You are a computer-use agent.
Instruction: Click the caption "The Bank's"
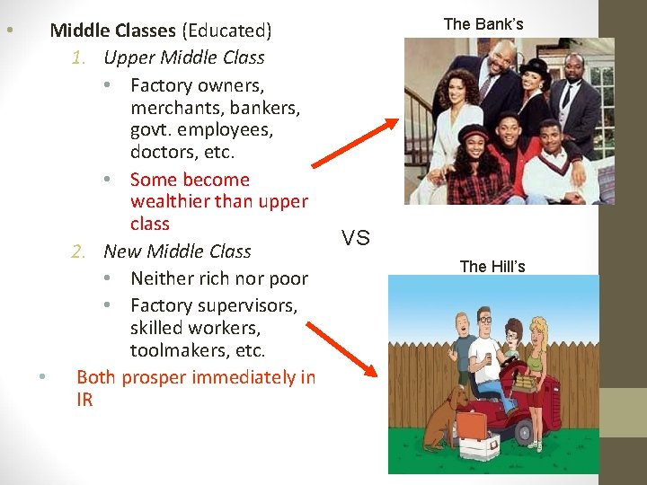click(483, 24)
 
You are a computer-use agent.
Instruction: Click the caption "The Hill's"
click(492, 266)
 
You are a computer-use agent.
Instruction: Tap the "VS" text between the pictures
click(356, 238)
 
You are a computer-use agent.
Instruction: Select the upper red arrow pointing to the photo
click(356, 143)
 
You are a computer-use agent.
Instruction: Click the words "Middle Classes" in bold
click(112, 31)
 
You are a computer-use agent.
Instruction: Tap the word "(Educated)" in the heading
click(226, 31)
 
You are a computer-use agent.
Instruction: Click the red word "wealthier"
click(173, 201)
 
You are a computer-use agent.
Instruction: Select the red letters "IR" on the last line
click(84, 400)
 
